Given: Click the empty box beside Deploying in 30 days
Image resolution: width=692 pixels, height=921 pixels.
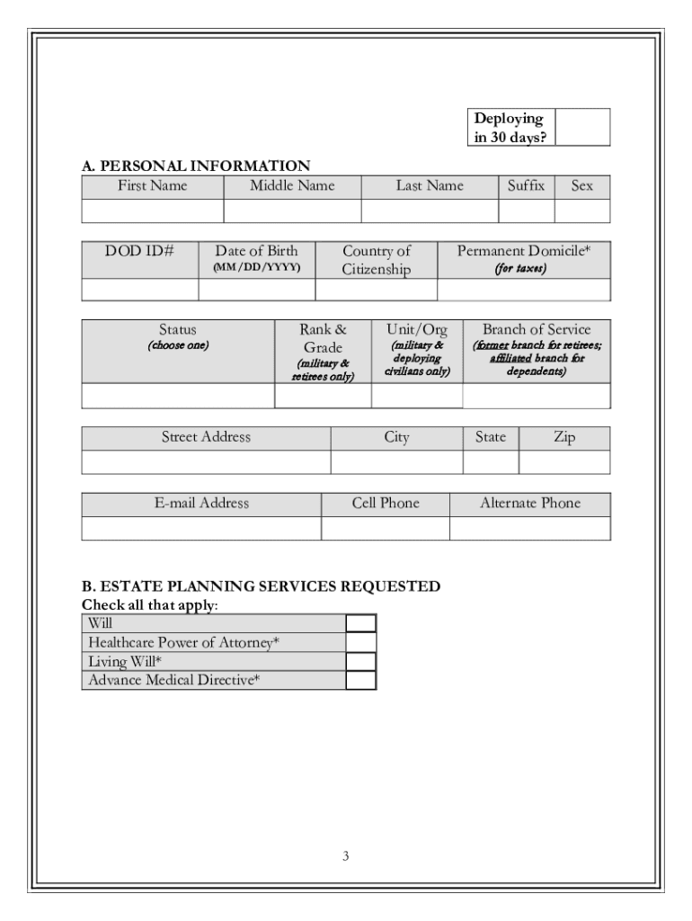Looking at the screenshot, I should pyautogui.click(x=582, y=127).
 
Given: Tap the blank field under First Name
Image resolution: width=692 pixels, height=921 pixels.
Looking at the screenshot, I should pyautogui.click(x=152, y=211).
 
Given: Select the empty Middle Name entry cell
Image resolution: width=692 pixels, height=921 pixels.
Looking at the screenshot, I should pyautogui.click(x=292, y=211).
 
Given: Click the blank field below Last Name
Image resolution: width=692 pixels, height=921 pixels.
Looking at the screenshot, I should pyautogui.click(x=430, y=211).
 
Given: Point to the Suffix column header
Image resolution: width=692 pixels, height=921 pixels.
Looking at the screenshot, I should pyautogui.click(x=526, y=186).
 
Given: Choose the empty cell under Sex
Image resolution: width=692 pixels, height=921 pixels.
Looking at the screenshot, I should pyautogui.click(x=581, y=211).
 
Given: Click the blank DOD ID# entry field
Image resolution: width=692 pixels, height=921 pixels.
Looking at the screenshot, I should pyautogui.click(x=139, y=290).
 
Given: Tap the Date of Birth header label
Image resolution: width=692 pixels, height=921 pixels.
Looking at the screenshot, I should pyautogui.click(x=256, y=252).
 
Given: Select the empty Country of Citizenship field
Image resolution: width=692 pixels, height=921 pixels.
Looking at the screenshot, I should pyautogui.click(x=376, y=290).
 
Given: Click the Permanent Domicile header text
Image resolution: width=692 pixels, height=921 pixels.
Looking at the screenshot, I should pyautogui.click(x=523, y=252).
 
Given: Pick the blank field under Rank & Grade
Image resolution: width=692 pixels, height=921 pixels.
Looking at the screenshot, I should pyautogui.click(x=323, y=396).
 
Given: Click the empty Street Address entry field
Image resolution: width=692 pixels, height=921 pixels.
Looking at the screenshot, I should pyautogui.click(x=206, y=462).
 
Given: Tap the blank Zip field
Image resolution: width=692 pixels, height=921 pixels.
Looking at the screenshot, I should pyautogui.click(x=564, y=462).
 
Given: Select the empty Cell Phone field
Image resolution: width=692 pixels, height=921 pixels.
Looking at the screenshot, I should pyautogui.click(x=385, y=529).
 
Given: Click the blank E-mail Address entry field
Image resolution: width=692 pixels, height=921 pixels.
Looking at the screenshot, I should pyautogui.click(x=201, y=529).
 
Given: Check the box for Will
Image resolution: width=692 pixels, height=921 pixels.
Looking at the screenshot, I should pyautogui.click(x=360, y=623).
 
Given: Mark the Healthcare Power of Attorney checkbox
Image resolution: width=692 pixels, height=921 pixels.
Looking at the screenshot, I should pyautogui.click(x=360, y=642).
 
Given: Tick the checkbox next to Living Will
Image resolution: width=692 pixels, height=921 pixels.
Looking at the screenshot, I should pyautogui.click(x=360, y=661).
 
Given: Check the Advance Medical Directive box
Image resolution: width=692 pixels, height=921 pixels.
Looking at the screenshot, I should pyautogui.click(x=360, y=680).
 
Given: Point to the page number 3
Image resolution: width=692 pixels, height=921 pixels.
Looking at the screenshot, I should pyautogui.click(x=346, y=856).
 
